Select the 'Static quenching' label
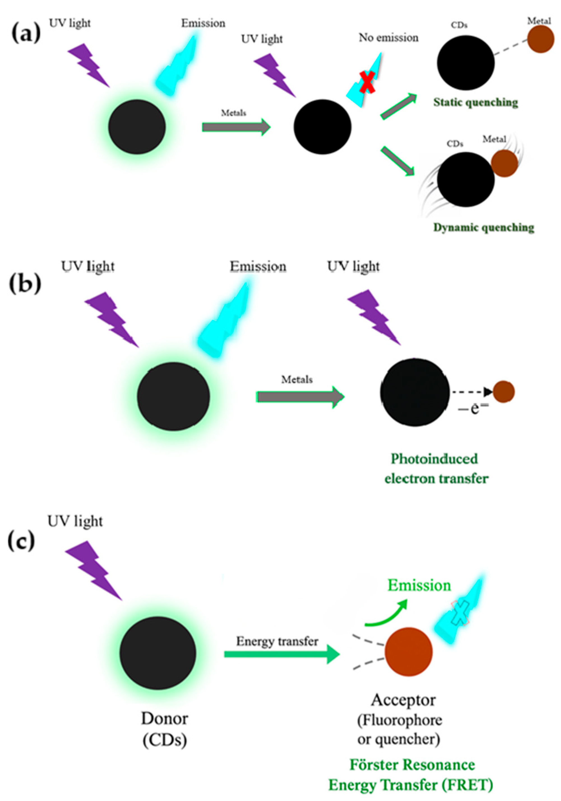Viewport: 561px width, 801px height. tap(476, 102)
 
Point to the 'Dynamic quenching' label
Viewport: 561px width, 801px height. tap(483, 227)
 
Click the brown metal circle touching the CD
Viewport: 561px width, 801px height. tap(504, 163)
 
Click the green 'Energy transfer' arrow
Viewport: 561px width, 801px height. tap(281, 654)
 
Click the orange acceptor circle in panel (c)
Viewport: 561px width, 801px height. tap(409, 652)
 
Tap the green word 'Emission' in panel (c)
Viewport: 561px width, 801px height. tap(419, 585)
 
